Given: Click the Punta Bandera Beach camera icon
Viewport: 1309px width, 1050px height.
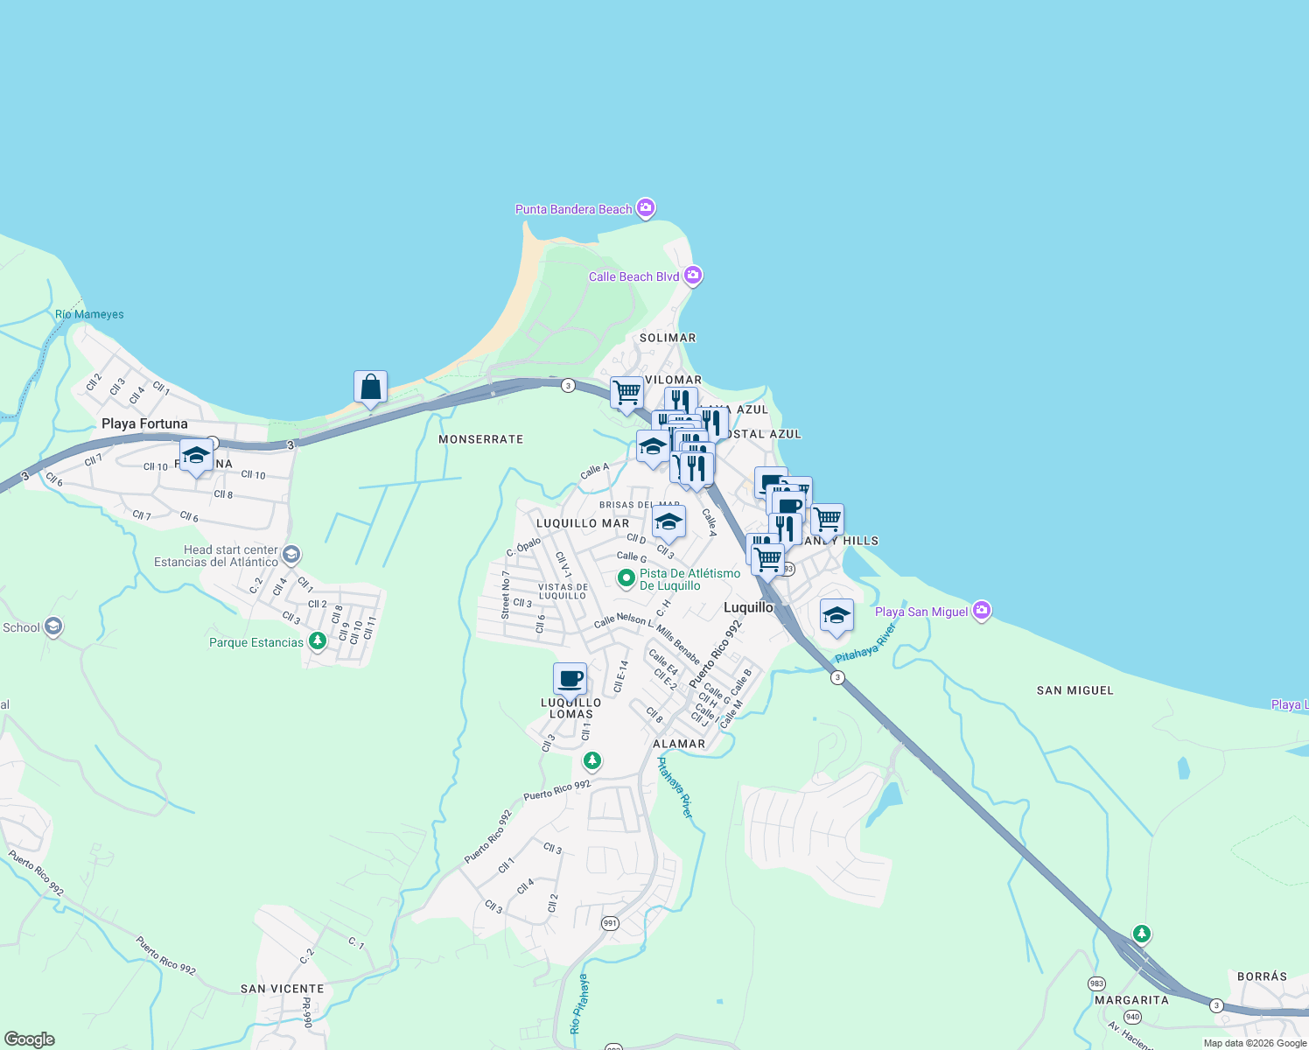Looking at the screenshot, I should [646, 208].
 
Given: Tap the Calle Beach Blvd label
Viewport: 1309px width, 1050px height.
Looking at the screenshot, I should [633, 276].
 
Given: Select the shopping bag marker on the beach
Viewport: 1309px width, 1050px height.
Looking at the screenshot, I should [370, 388].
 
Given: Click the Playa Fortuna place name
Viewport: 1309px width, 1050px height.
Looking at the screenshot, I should [144, 423].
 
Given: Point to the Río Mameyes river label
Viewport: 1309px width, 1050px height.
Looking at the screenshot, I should [89, 314].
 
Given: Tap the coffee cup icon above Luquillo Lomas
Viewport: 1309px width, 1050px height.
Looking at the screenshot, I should [570, 680].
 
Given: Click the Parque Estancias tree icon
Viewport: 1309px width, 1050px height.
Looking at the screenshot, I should [318, 641].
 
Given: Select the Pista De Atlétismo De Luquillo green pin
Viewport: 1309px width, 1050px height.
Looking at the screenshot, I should [626, 578].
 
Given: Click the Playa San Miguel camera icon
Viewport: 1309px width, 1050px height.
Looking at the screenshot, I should [982, 611].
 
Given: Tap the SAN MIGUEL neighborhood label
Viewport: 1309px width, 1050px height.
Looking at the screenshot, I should [1074, 690].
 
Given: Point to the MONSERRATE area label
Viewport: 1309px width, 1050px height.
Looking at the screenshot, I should [480, 439].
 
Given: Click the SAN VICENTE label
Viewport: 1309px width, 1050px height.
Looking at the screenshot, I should [282, 989].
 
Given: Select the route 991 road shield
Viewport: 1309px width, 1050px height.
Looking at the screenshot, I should [610, 923].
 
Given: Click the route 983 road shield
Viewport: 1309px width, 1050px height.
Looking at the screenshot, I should [1096, 983].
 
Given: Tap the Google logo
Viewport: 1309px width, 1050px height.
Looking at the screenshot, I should [30, 1039].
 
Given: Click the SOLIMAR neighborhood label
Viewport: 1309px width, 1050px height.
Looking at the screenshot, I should [668, 338].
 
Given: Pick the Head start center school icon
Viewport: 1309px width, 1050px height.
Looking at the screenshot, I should [291, 555].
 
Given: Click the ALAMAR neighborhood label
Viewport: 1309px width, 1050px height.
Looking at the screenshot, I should [679, 744].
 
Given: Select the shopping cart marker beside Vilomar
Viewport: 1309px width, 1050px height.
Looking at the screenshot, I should [626, 393].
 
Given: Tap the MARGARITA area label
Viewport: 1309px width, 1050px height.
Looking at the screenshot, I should [1131, 1000].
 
